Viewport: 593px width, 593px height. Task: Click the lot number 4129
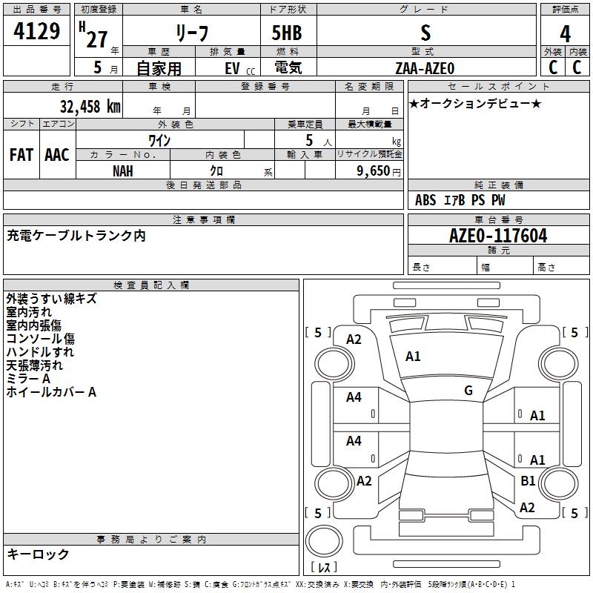(37, 32)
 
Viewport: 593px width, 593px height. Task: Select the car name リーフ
(191, 33)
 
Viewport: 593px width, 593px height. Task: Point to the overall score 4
(565, 34)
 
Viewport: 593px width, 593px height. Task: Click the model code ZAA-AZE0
(425, 67)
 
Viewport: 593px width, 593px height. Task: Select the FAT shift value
(21, 154)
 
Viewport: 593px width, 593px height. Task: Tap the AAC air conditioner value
(57, 154)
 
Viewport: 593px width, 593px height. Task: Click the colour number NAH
(123, 170)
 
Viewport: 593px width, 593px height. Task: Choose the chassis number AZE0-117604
(498, 236)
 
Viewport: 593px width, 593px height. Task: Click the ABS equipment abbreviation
(425, 200)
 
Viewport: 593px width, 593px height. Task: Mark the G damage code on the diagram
(468, 391)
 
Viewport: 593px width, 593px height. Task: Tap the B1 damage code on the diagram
(528, 481)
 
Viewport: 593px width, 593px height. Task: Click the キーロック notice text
(38, 554)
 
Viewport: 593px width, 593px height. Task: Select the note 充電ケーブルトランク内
(76, 236)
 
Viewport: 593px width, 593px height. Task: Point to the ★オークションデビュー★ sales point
(475, 104)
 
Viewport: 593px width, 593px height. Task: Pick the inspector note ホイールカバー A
(51, 392)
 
